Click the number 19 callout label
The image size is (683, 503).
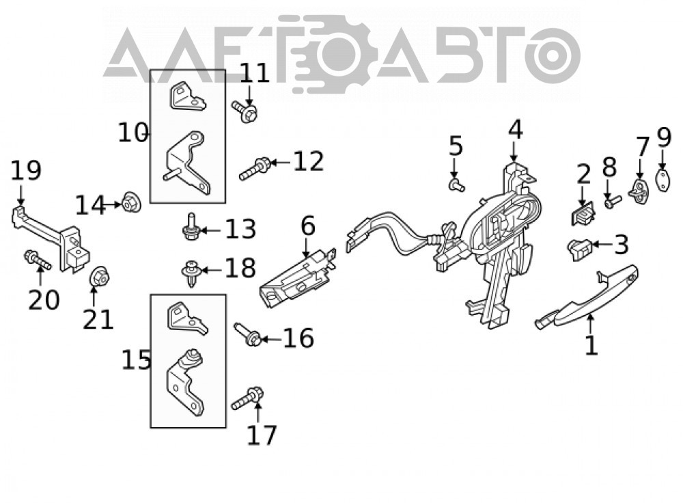[26, 170]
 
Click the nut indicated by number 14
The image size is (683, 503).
[130, 203]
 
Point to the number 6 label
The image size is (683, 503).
[307, 227]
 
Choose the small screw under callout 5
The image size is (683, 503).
[456, 186]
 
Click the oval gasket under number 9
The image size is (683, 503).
[663, 181]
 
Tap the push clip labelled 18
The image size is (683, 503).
[191, 273]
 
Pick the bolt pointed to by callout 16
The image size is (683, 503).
[248, 335]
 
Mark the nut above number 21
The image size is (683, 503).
[100, 276]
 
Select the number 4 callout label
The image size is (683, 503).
[515, 130]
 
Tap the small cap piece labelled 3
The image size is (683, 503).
[579, 249]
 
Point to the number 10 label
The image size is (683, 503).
[133, 133]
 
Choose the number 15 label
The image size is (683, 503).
[136, 360]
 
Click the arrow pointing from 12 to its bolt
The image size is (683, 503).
[280, 163]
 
